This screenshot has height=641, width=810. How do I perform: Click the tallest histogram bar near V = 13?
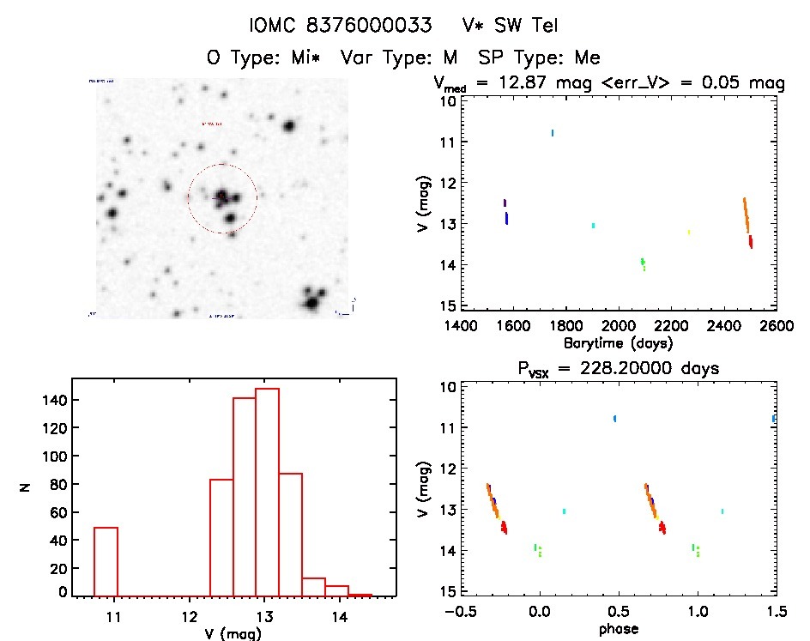(267, 492)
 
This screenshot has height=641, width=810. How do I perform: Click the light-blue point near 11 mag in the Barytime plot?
(552, 133)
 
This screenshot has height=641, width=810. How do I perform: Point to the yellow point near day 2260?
(688, 232)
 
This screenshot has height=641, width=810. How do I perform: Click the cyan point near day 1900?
(593, 225)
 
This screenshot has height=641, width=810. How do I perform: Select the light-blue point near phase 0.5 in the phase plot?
(614, 419)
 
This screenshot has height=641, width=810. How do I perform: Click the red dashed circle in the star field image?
(222, 164)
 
